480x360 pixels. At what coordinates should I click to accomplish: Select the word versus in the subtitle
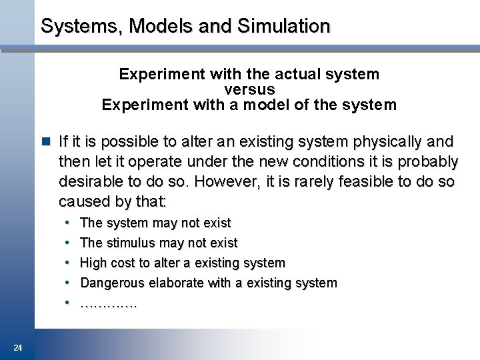pos(249,89)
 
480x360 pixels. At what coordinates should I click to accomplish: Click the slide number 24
pos(18,347)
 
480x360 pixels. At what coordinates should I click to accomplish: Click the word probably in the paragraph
pos(427,161)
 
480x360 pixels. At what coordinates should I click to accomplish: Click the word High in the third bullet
pos(93,263)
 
